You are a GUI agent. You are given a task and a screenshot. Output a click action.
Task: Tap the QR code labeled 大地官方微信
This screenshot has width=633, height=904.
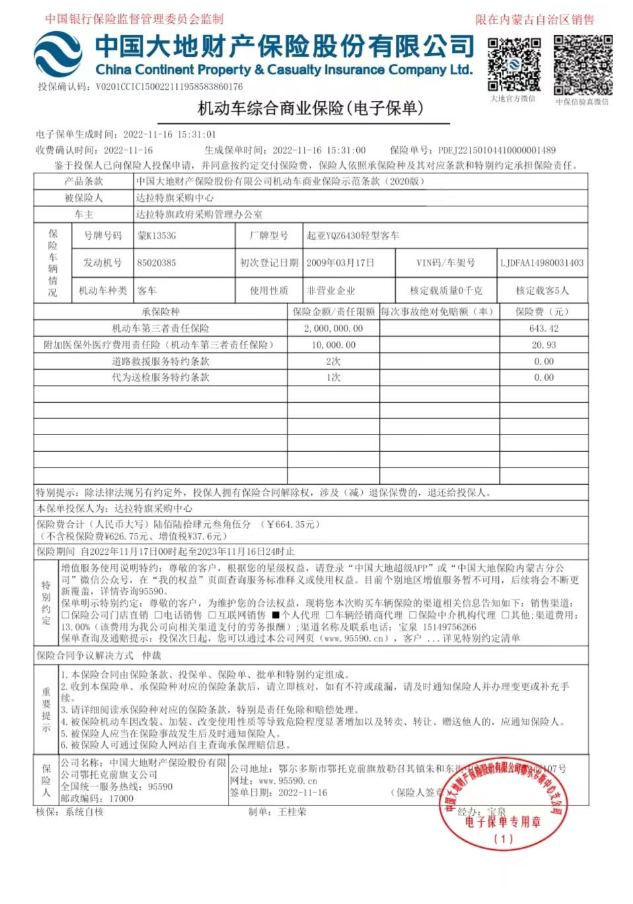click(514, 64)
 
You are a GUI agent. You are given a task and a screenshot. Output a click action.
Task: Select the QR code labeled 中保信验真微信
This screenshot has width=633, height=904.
click(583, 65)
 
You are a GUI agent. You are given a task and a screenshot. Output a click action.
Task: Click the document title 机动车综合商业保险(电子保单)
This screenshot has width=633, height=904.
click(311, 108)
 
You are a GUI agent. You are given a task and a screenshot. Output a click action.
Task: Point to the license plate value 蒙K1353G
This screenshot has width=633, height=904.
click(157, 235)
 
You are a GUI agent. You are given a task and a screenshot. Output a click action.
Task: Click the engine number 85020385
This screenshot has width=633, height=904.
click(157, 263)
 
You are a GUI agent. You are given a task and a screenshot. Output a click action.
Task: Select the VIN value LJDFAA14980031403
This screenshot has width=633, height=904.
click(542, 263)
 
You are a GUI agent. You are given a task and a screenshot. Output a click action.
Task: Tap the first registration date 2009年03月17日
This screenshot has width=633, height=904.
click(340, 263)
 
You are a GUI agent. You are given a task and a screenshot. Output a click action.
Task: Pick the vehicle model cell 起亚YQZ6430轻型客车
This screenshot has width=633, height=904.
click(353, 235)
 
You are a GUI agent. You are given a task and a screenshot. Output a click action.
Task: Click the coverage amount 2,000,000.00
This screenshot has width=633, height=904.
click(333, 328)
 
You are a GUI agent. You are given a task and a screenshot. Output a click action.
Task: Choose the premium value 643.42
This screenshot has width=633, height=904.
click(544, 328)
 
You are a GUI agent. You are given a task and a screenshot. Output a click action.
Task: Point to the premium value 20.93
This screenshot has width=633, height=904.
click(544, 345)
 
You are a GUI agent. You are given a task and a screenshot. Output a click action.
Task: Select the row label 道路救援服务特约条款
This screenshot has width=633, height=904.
click(161, 361)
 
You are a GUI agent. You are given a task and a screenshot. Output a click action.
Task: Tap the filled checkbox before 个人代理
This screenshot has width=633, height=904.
click(276, 615)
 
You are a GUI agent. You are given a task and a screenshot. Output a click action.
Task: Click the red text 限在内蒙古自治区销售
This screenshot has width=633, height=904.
click(535, 20)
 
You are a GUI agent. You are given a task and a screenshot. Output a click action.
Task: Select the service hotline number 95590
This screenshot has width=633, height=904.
click(160, 787)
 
